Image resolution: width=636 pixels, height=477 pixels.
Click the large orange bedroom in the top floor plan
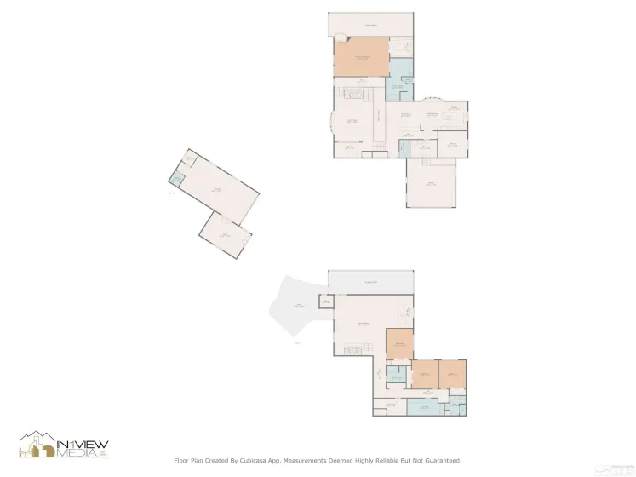tap(361, 57)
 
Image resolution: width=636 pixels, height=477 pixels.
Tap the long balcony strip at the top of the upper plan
tap(371, 24)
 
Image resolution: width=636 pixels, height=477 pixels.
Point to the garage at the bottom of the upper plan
tap(432, 183)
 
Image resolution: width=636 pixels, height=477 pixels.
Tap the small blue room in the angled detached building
tap(177, 179)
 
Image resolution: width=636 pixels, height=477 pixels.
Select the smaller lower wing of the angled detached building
tap(226, 233)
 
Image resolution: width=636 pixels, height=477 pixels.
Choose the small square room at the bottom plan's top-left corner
tap(325, 302)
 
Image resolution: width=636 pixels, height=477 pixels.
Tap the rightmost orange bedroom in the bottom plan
tap(452, 373)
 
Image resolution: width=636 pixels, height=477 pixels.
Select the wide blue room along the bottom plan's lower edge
tap(424, 407)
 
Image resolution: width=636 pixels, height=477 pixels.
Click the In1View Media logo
tap(64, 444)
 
